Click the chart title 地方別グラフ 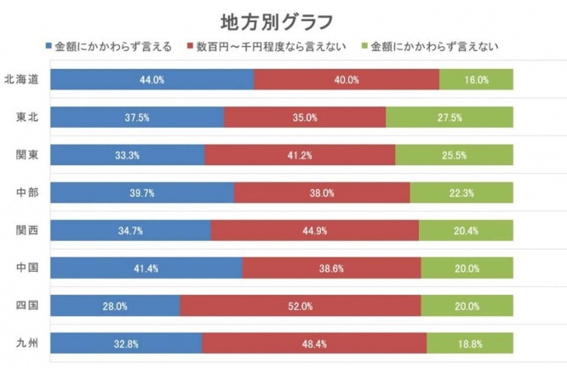(277, 22)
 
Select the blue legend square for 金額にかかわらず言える (49, 46)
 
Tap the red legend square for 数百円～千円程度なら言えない (190, 46)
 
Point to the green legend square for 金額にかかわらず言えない (365, 46)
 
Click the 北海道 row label (21, 79)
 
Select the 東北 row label (27, 118)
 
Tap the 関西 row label (27, 230)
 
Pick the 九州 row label (27, 343)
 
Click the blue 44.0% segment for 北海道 (152, 79)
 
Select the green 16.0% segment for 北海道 (476, 79)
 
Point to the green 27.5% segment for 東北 (450, 118)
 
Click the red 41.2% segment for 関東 (300, 155)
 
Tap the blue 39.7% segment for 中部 (142, 193)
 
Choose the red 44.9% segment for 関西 (315, 230)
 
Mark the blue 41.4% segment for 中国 (146, 267)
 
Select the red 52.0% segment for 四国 (301, 306)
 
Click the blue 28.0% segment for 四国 (115, 306)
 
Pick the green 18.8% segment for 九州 (470, 343)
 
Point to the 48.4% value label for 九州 (314, 344)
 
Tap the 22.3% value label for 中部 (461, 193)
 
